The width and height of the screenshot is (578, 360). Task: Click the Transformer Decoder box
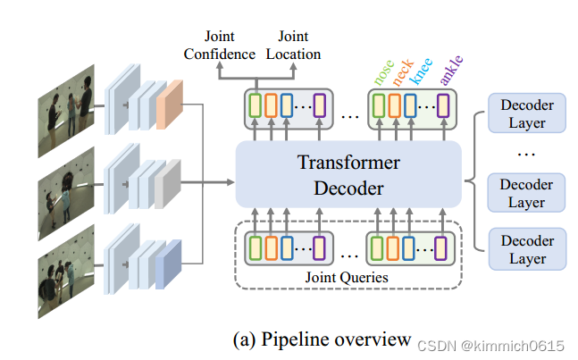click(348, 175)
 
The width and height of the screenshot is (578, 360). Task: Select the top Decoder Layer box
click(527, 113)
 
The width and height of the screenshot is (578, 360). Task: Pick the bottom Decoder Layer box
click(527, 249)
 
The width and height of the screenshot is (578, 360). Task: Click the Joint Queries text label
click(348, 277)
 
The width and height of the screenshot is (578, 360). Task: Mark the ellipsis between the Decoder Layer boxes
click(527, 153)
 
